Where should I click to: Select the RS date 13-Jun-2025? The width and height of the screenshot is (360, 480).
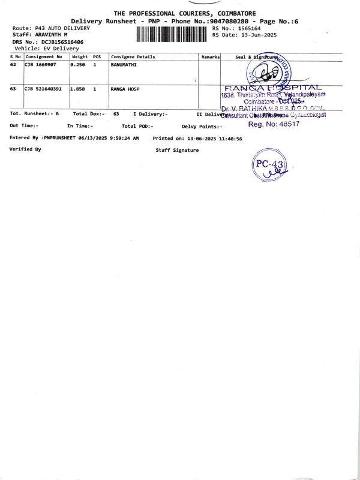point(257,35)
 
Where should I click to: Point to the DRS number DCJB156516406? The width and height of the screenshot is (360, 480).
point(62,42)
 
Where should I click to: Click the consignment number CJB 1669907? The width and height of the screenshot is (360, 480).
point(43,64)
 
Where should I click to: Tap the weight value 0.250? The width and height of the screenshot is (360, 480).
point(78,64)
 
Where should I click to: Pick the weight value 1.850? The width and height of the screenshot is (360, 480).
point(78,89)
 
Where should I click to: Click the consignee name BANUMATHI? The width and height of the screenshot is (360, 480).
point(124,64)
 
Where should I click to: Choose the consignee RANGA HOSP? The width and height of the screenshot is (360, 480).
point(125,89)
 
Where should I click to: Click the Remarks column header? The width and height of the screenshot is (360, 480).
point(211,57)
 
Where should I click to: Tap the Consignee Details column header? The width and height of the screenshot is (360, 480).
point(133,57)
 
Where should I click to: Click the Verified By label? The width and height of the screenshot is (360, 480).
point(26,149)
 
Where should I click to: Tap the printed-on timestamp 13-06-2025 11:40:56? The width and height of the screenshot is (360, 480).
point(214,138)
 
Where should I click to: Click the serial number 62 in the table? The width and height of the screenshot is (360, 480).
point(13,64)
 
